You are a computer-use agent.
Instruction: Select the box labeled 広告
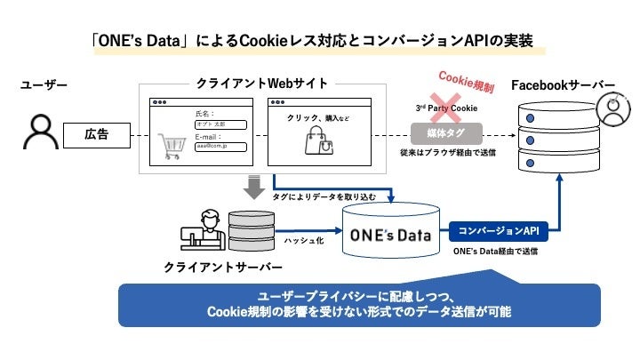coord(96,134)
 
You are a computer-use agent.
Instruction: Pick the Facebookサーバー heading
coord(563,85)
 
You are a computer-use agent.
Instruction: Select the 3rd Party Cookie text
coord(447,108)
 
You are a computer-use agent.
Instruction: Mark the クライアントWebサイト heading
coord(260,84)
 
